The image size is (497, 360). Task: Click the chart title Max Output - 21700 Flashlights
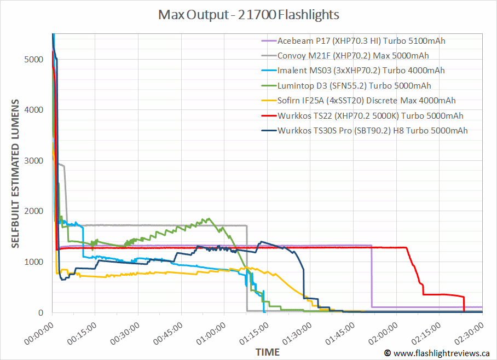point(248,14)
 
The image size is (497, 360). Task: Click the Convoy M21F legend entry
point(352,55)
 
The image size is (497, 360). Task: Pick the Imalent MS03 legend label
point(361,71)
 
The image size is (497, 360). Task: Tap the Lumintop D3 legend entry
point(354,85)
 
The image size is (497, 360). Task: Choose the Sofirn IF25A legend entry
point(366,101)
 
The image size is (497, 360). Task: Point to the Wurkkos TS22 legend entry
point(370,115)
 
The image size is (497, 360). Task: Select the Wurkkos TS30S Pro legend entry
point(372,130)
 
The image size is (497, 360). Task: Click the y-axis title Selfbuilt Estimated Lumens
point(16,174)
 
